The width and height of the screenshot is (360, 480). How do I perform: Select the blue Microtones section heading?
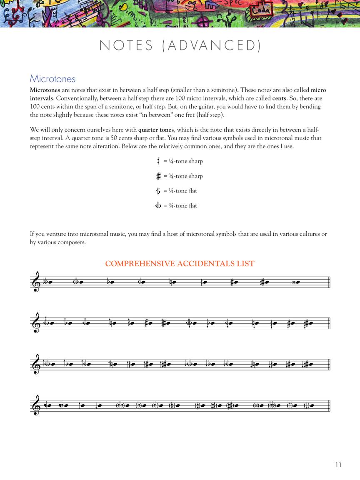click(x=52, y=79)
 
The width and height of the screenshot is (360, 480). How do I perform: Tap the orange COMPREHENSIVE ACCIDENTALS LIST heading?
click(x=180, y=264)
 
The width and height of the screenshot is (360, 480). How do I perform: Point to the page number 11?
click(x=337, y=465)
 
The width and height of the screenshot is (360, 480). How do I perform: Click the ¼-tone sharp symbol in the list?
click(x=158, y=161)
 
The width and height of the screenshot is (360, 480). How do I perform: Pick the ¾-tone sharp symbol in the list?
click(x=158, y=176)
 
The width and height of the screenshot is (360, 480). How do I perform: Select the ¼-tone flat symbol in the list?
click(x=158, y=191)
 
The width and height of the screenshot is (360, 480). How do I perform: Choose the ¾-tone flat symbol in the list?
click(x=158, y=206)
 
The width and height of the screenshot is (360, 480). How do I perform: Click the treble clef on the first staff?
click(x=36, y=282)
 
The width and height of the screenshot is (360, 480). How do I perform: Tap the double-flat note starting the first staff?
click(x=48, y=282)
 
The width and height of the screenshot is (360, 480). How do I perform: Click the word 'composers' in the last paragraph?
click(x=72, y=242)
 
